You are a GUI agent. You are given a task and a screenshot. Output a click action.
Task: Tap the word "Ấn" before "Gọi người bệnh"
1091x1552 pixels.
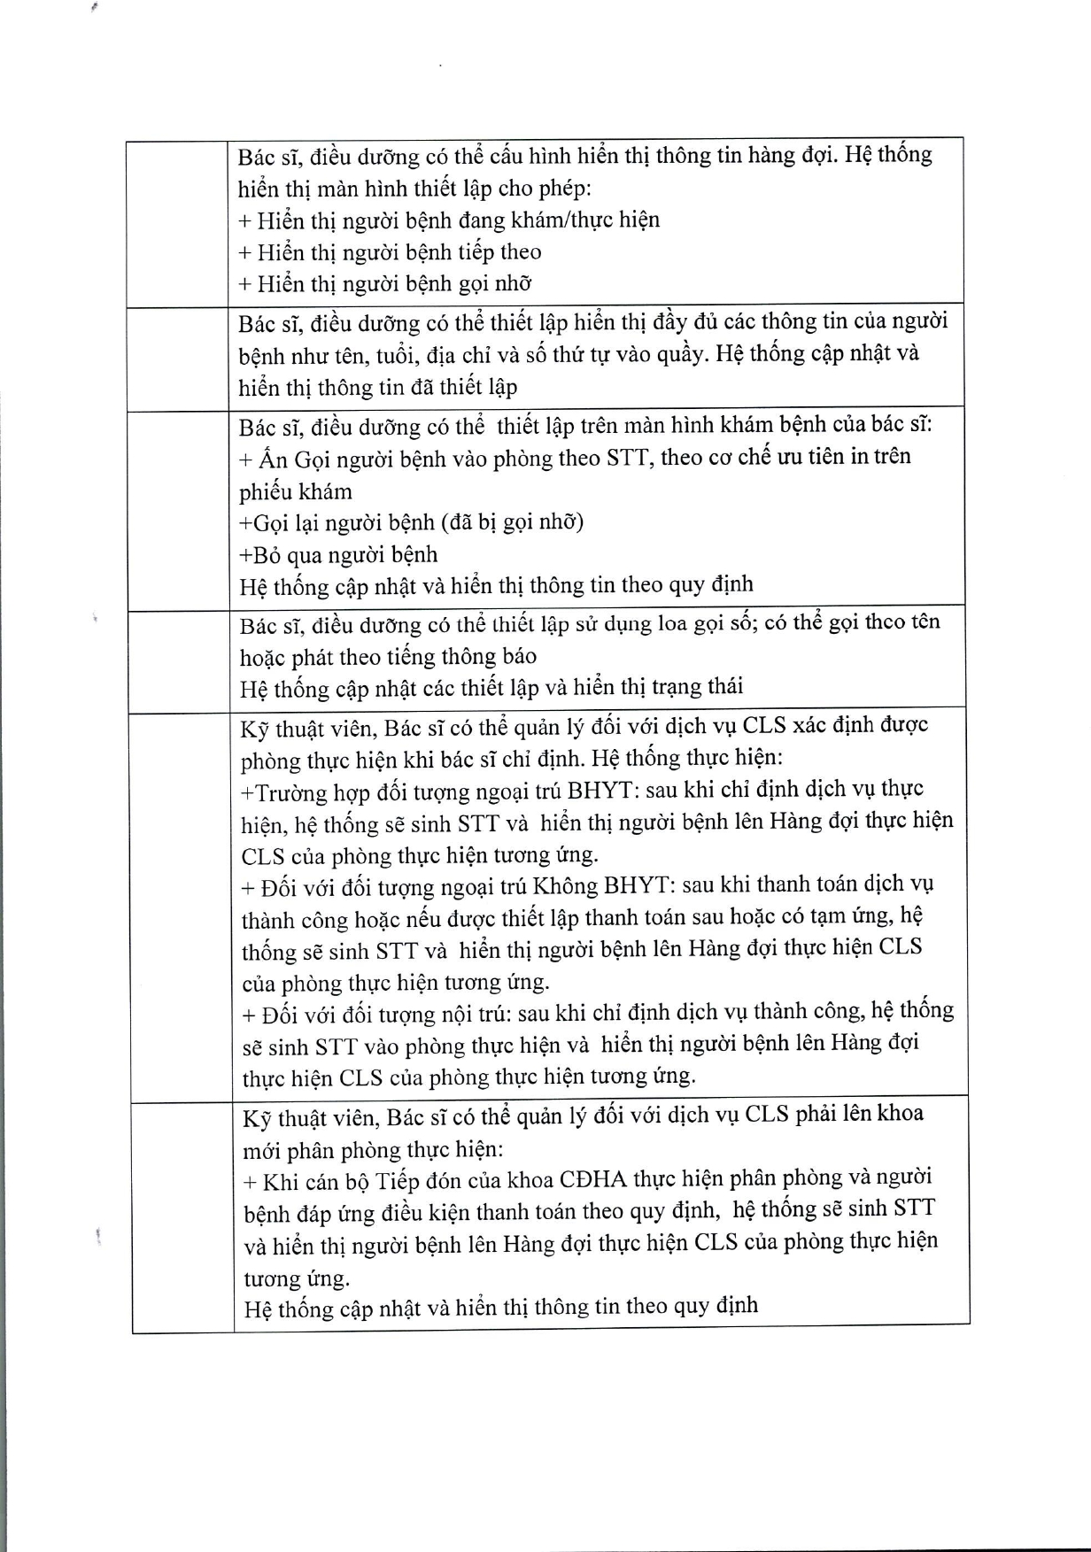(269, 459)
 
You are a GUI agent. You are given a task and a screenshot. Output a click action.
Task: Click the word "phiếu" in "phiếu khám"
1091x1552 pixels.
(265, 491)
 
